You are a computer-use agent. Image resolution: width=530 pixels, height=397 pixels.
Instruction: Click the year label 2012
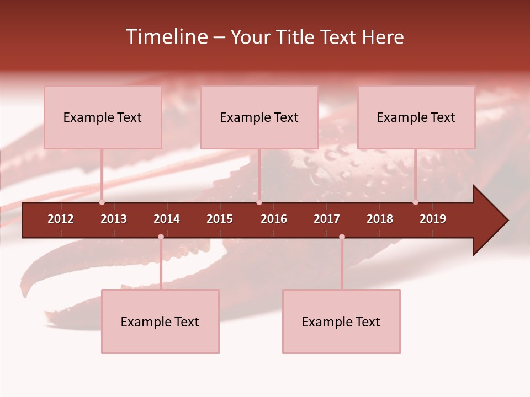(61, 219)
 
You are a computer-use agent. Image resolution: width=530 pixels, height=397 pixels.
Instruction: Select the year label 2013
(114, 219)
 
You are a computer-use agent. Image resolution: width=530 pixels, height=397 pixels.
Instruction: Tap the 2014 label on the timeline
(167, 219)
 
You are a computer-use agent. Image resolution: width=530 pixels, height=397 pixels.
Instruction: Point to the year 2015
(220, 219)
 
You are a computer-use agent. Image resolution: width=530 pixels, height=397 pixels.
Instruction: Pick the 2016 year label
(274, 219)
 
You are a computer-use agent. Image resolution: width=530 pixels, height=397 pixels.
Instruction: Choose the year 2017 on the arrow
(327, 219)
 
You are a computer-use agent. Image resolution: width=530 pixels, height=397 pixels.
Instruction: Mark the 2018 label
(380, 219)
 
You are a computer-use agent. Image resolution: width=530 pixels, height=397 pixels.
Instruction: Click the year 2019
(433, 219)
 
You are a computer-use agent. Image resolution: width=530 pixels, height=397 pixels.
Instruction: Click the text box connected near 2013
(103, 117)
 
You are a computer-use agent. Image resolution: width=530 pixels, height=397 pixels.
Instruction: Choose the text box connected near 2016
(259, 117)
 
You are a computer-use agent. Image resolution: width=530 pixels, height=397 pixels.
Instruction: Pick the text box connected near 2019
(416, 117)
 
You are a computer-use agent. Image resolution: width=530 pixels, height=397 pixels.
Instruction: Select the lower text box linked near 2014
(160, 321)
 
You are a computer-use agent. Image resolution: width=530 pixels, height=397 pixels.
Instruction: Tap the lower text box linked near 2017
(341, 321)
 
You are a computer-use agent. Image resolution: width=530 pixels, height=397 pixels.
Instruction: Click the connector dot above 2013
(102, 202)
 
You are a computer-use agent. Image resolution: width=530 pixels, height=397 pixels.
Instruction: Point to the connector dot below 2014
(161, 237)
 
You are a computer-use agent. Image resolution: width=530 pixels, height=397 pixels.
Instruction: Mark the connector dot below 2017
(342, 237)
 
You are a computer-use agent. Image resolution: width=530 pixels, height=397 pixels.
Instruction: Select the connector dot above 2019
(415, 202)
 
